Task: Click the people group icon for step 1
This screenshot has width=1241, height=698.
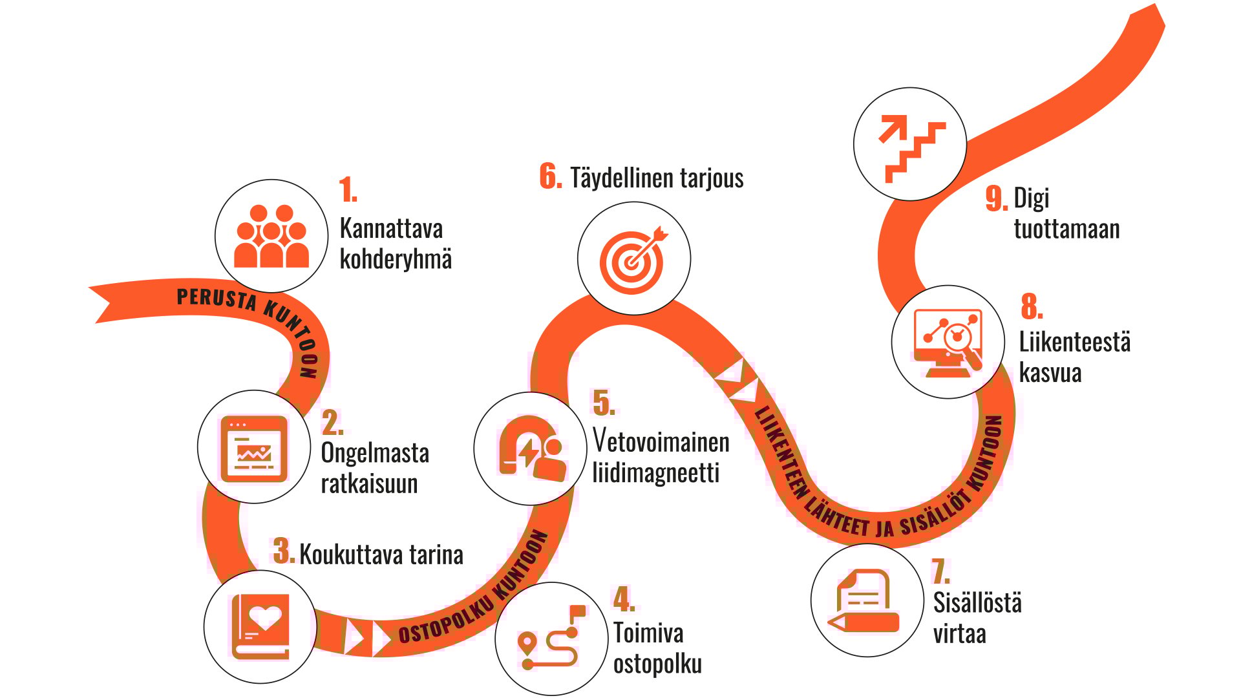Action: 271,237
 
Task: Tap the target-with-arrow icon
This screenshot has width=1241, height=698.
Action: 634,259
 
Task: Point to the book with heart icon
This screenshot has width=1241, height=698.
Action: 260,626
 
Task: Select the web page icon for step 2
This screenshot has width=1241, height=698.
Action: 254,448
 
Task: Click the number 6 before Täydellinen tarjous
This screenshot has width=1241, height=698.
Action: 550,176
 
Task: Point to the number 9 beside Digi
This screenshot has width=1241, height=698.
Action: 996,198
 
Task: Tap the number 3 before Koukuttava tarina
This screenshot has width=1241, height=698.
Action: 282,552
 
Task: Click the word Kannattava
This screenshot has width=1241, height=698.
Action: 391,229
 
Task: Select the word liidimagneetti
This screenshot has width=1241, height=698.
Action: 655,473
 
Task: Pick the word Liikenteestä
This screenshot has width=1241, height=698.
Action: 1074,343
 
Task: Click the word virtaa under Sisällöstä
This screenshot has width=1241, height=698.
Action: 959,634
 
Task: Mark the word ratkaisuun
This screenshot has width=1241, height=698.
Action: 369,484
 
